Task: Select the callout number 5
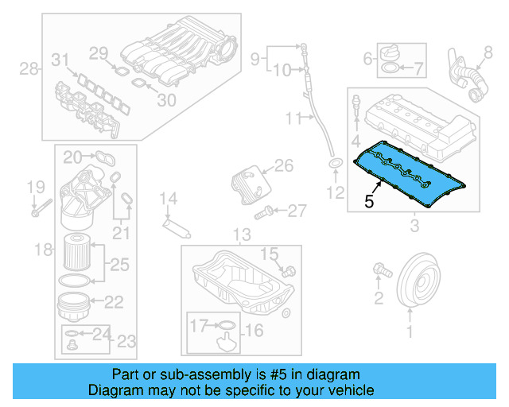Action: coord(368,202)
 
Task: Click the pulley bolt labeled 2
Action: coord(381,273)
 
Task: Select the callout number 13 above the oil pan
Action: coord(241,235)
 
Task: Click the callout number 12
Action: coord(336,192)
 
